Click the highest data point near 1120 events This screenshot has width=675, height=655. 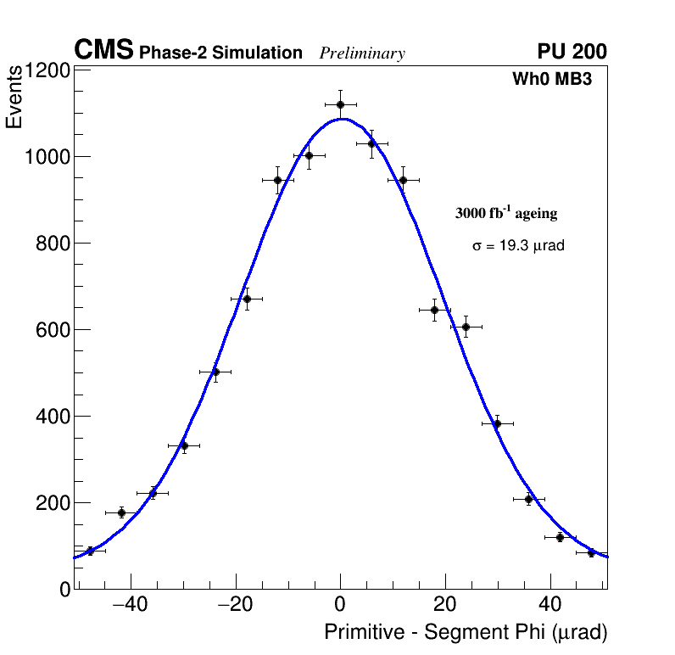[x=340, y=104]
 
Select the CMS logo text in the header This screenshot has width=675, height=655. [x=103, y=51]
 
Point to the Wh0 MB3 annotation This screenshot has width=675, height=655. [x=551, y=80]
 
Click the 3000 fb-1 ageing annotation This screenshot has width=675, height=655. [x=506, y=214]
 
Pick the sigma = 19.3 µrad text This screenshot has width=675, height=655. [x=518, y=246]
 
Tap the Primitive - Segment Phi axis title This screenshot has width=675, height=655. [x=466, y=633]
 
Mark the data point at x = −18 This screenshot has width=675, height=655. [x=247, y=299]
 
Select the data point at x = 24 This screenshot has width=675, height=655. [x=466, y=327]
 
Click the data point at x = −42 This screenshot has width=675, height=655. [x=121, y=512]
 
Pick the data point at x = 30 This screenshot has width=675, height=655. [x=497, y=423]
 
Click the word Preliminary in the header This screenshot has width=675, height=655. [x=362, y=54]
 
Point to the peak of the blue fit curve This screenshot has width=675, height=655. [x=341, y=119]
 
